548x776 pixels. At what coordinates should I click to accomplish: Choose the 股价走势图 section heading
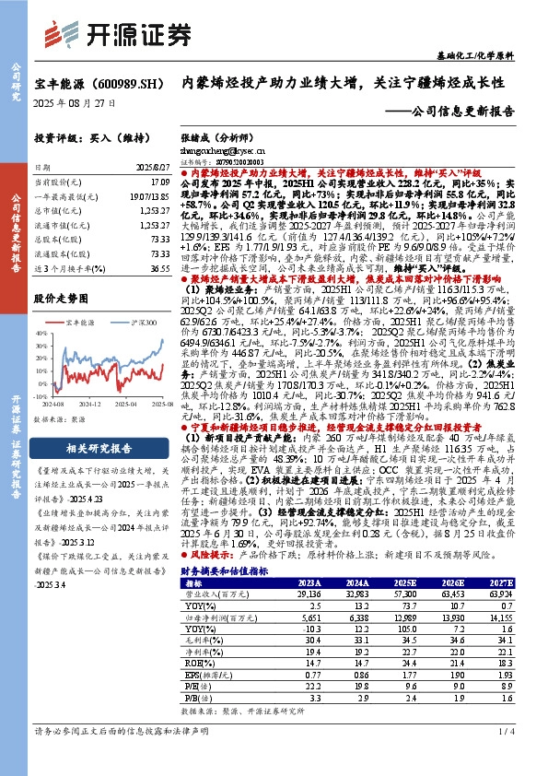coord(62,300)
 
